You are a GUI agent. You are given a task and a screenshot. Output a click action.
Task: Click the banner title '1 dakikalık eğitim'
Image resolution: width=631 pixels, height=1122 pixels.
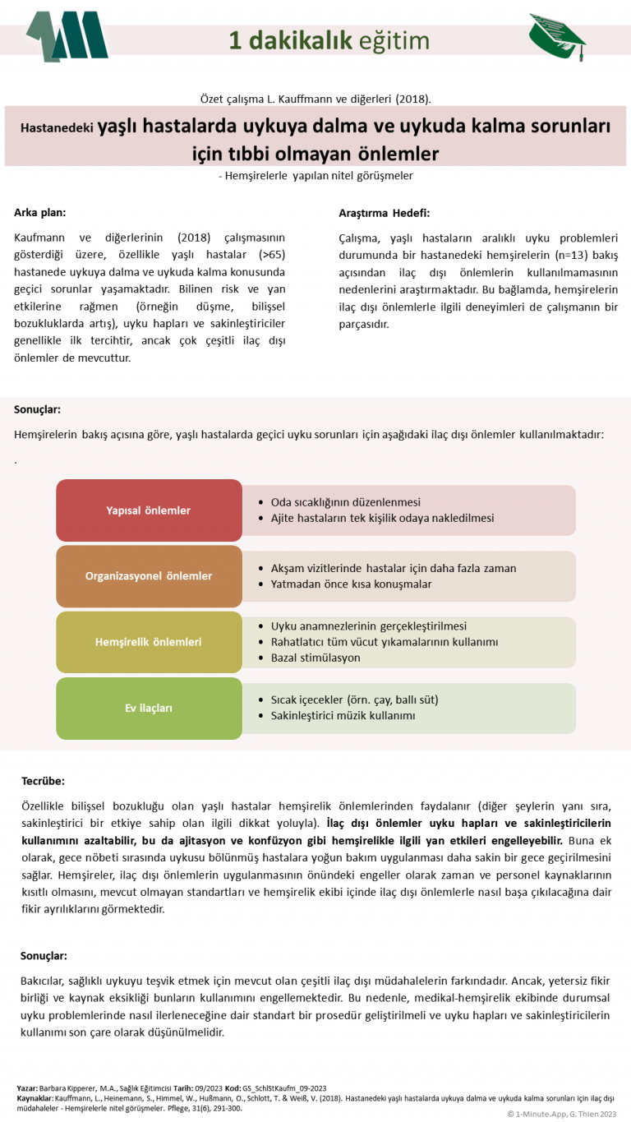(x=329, y=40)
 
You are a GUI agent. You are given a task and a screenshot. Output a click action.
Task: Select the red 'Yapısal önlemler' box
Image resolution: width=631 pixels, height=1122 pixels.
(x=149, y=510)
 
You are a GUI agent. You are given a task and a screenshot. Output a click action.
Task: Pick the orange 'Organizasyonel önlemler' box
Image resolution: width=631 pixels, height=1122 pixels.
(x=149, y=576)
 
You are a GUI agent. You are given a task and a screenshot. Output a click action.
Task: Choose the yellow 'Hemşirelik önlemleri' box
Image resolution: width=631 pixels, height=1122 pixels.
(x=149, y=642)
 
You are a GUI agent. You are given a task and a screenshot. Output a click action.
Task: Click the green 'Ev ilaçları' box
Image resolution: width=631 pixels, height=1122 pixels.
(x=149, y=708)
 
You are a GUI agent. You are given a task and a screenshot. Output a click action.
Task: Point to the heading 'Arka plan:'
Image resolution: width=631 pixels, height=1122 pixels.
(x=39, y=213)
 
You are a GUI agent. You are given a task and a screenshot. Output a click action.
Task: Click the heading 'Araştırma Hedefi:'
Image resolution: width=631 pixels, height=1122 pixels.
(x=384, y=213)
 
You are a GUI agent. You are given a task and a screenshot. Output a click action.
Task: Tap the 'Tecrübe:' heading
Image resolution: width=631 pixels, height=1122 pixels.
(x=43, y=781)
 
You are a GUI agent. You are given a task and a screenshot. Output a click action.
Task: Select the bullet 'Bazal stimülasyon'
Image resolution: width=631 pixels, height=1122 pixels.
(x=315, y=658)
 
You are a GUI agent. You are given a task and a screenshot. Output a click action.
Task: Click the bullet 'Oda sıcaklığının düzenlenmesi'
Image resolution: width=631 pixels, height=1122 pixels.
(x=345, y=502)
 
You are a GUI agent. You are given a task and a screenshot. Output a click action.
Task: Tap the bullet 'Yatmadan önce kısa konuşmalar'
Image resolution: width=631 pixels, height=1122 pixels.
(x=351, y=584)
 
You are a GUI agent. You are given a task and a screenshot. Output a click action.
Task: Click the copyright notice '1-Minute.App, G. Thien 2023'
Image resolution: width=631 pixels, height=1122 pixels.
(x=566, y=1114)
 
